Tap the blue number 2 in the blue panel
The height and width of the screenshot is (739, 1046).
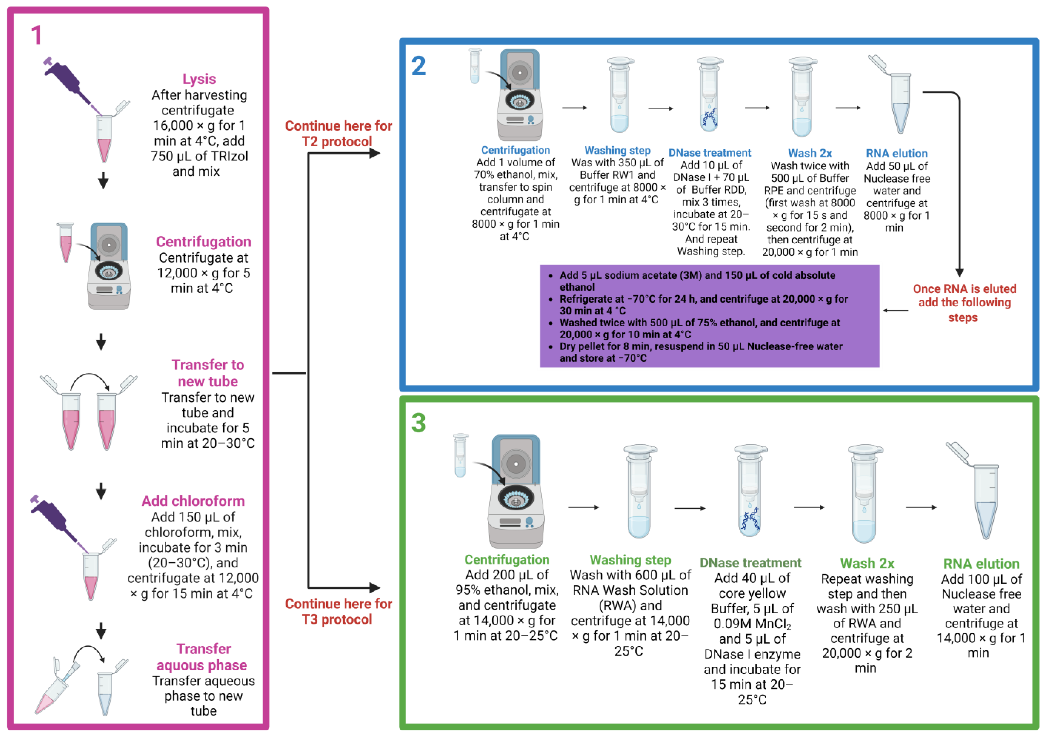[418, 66]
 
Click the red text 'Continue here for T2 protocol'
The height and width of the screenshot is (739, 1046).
[338, 134]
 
